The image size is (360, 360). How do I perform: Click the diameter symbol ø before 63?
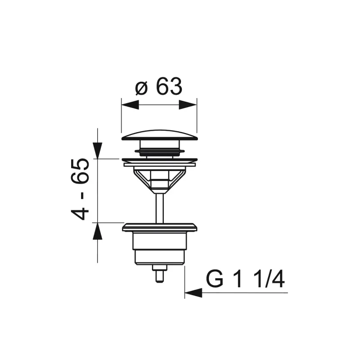pos(141,87)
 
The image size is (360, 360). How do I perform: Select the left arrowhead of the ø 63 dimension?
pos(130,105)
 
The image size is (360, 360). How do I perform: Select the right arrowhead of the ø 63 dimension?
pos(188,105)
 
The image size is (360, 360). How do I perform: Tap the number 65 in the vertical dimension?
pos(80,171)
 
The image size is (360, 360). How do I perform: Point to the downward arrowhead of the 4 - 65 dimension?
pos(97,151)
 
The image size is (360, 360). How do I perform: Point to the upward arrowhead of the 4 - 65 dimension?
pos(97,231)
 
